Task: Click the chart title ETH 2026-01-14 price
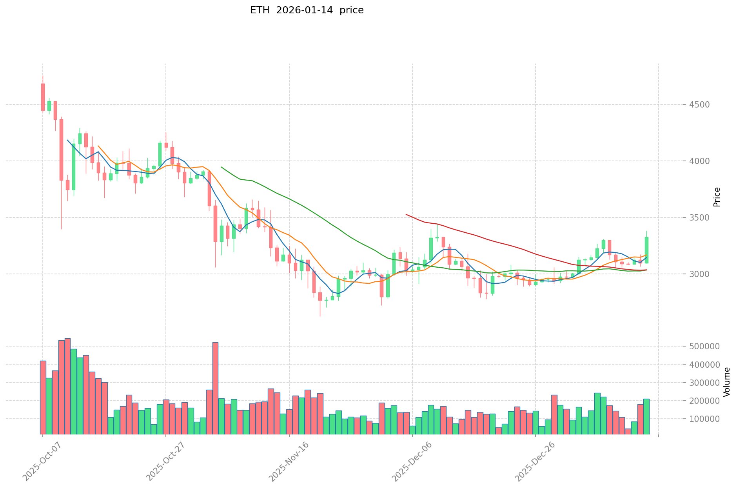[307, 10]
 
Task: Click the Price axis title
[717, 197]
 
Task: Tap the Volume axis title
[727, 382]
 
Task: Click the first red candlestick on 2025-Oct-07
[43, 97]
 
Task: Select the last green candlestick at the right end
[646, 250]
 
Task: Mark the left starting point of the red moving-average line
[406, 214]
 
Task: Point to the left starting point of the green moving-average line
[221, 167]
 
